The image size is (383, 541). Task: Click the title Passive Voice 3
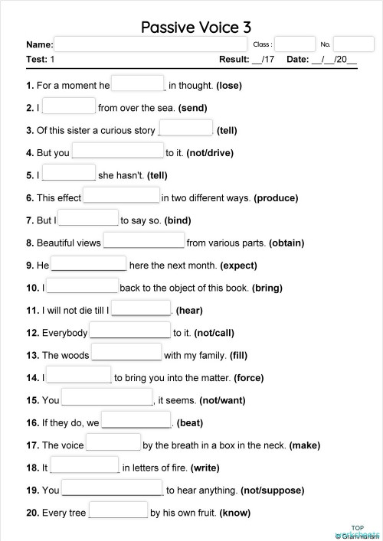(x=196, y=28)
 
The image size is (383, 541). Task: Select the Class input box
(x=295, y=44)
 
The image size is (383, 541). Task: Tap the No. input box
(x=354, y=44)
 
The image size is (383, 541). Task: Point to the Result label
(x=234, y=59)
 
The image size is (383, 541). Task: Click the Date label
(x=297, y=59)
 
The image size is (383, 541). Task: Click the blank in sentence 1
(x=138, y=84)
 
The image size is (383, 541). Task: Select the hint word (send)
(x=192, y=108)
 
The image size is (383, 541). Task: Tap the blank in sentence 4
(x=117, y=152)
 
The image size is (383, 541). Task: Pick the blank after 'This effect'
(x=121, y=196)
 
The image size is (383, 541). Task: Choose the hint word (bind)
(x=177, y=220)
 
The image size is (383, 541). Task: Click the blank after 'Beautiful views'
(x=143, y=241)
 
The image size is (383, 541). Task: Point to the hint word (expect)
(x=238, y=266)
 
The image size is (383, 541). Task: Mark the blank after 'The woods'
(x=126, y=353)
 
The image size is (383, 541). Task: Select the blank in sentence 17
(x=113, y=442)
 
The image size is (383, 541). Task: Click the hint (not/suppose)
(x=272, y=490)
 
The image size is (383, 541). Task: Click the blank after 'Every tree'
(x=118, y=510)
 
